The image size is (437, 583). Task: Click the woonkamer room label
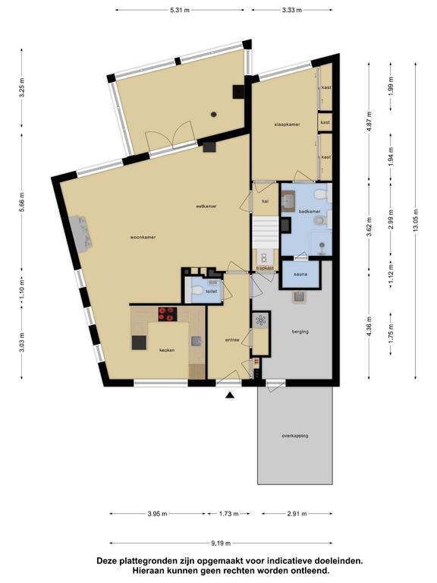[x=143, y=237]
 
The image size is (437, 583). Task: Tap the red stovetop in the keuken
[x=168, y=314]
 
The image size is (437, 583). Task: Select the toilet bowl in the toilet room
[x=196, y=290]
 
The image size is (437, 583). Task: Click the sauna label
[x=300, y=274]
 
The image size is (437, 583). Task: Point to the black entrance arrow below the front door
[x=230, y=395]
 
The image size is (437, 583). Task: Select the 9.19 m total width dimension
[x=221, y=544]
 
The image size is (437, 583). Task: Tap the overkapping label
[x=295, y=436]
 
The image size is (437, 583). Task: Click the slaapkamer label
[x=287, y=124]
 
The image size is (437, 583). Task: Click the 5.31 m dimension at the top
[x=180, y=10]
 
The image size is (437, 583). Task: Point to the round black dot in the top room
[x=214, y=115]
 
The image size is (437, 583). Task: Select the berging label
[x=300, y=332]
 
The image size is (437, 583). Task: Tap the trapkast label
[x=265, y=268]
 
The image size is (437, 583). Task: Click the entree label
[x=232, y=340]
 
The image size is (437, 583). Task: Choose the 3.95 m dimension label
[x=157, y=514]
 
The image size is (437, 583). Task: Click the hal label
[x=265, y=201]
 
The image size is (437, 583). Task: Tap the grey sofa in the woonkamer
[x=80, y=234]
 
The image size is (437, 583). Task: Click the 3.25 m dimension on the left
[x=21, y=88]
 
